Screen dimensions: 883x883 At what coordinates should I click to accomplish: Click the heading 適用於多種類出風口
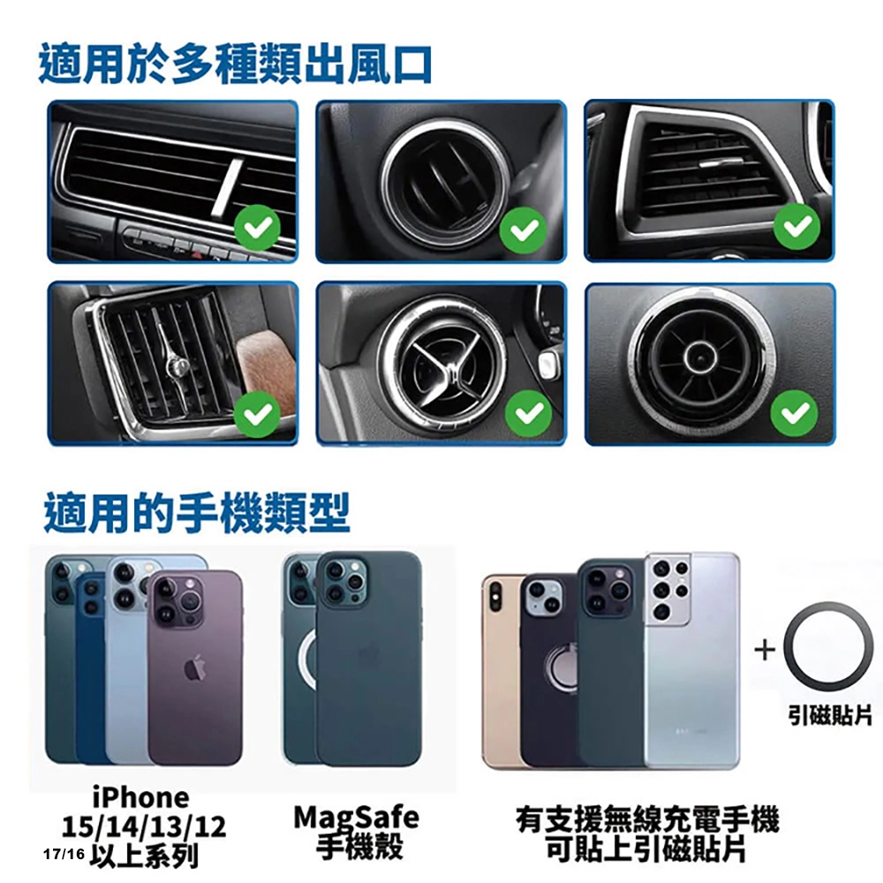tap(236, 64)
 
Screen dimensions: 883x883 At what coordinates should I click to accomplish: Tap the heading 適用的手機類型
tap(197, 512)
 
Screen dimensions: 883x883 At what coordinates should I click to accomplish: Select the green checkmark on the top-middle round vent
tap(524, 229)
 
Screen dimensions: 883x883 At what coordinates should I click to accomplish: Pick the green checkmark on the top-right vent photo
tap(796, 226)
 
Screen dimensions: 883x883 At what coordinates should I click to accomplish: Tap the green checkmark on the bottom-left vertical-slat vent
tap(257, 414)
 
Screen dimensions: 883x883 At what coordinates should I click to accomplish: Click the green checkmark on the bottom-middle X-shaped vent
tap(528, 414)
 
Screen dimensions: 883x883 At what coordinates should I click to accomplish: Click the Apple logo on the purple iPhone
tap(195, 668)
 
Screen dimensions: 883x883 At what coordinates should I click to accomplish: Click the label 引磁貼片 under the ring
tap(829, 715)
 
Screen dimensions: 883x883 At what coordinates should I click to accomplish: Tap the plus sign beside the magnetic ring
tap(765, 651)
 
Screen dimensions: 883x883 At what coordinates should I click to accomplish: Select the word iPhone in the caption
tap(140, 797)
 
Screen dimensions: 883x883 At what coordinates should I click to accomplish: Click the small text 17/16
tap(64, 854)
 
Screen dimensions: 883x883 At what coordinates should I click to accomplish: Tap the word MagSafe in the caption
tap(357, 819)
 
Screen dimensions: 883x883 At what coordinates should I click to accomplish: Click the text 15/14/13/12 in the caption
tap(144, 826)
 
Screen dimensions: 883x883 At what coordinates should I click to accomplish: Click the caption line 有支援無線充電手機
tap(648, 819)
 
